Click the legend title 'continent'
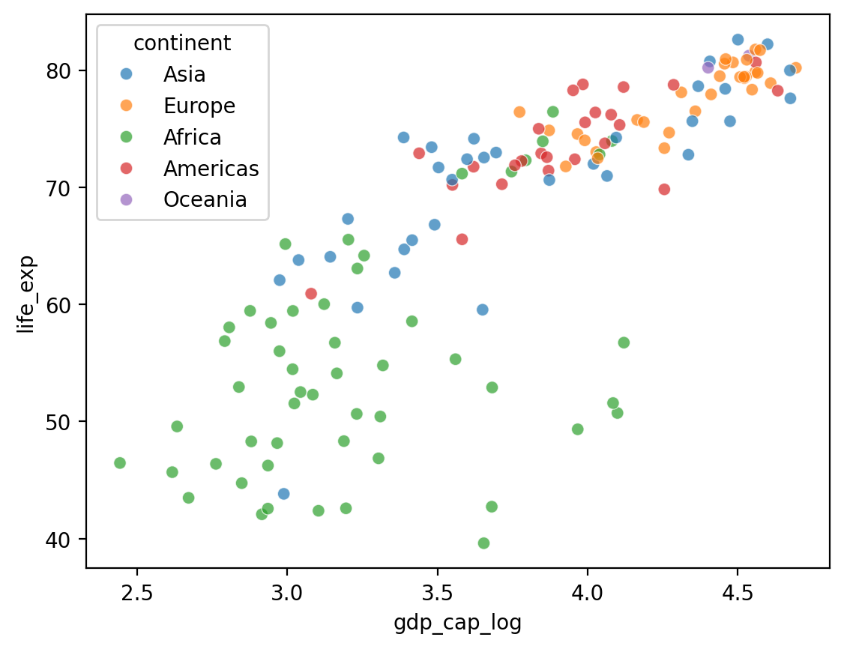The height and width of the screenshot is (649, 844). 182,43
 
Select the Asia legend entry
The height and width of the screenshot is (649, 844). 184,74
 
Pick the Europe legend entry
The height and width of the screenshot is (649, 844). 199,106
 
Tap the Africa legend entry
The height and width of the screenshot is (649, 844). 193,137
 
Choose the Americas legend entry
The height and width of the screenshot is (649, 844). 211,169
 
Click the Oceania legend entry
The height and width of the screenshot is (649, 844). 205,200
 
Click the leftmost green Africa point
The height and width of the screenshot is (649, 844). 120,463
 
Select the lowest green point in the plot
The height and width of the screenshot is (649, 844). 483,543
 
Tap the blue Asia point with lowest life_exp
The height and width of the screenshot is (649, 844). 283,494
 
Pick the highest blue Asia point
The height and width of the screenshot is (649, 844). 738,40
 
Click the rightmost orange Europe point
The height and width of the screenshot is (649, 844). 795,68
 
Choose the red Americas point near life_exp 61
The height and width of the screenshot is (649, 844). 311,294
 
